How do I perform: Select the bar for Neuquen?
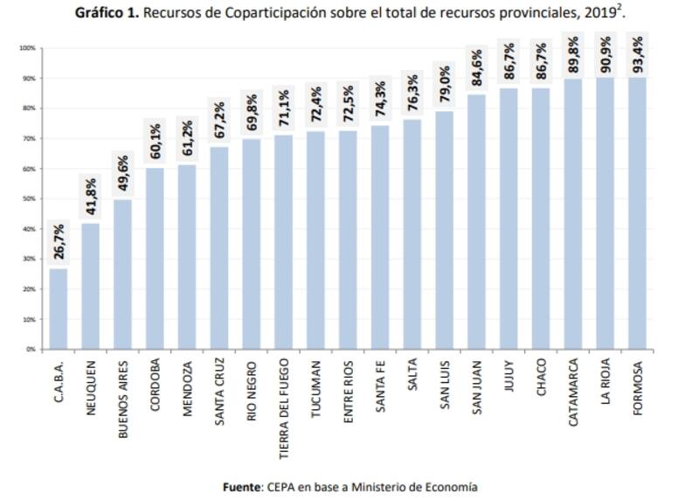[90, 285]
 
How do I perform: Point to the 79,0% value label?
[444, 85]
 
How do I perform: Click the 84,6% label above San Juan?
[476, 68]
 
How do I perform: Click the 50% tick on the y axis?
[29, 198]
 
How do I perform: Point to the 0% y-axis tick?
[31, 349]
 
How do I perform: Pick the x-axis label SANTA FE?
[380, 380]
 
